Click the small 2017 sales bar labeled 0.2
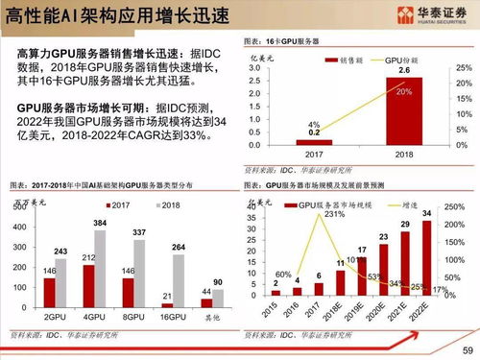[313, 142]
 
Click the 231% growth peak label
[334, 214]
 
